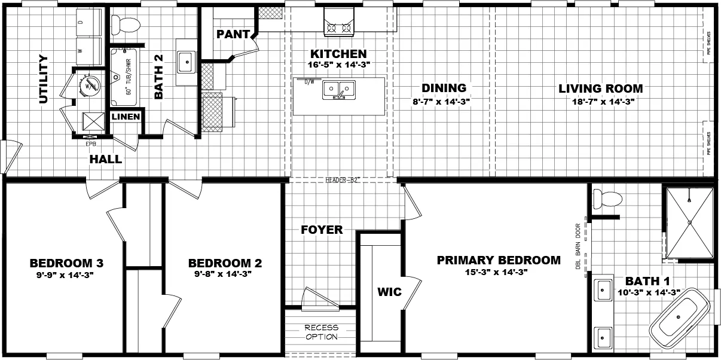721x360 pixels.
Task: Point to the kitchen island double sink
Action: (339, 90)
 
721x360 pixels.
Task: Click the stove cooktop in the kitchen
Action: (338, 27)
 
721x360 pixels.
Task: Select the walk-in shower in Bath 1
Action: (689, 222)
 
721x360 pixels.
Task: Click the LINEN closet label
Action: (126, 117)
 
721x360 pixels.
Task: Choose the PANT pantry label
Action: (233, 34)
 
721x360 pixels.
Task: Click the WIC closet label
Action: (389, 292)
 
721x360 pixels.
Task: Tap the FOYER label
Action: (322, 230)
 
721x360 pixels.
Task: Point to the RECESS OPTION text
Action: (321, 332)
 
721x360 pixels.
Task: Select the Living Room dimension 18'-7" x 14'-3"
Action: (601, 102)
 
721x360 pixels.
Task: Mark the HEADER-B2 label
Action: (343, 179)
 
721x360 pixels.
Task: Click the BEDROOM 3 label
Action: (67, 263)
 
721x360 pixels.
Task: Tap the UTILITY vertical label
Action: (43, 79)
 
